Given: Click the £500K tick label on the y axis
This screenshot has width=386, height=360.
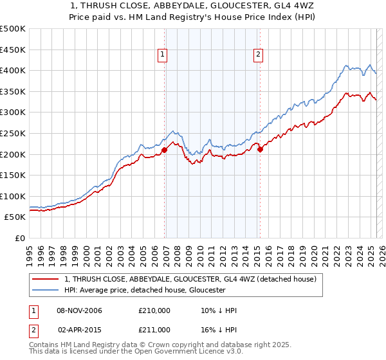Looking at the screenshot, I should [x=13, y=29].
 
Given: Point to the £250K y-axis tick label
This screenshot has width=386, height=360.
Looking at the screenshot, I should [x=13, y=133].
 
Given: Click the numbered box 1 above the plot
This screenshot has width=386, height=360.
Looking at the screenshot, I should [x=163, y=55].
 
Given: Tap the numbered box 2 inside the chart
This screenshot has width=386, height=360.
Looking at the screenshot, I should [x=258, y=55].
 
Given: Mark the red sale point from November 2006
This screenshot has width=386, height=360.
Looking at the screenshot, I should [x=165, y=150].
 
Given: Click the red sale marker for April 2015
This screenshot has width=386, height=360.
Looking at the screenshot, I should [x=260, y=150].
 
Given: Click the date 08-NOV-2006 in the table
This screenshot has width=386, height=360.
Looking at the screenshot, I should [x=80, y=310].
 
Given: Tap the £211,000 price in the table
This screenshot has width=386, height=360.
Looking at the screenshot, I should [x=154, y=329].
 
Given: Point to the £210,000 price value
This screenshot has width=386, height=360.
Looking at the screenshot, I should [x=154, y=310].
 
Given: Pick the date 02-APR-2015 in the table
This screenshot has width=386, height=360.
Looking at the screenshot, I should [x=80, y=329].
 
